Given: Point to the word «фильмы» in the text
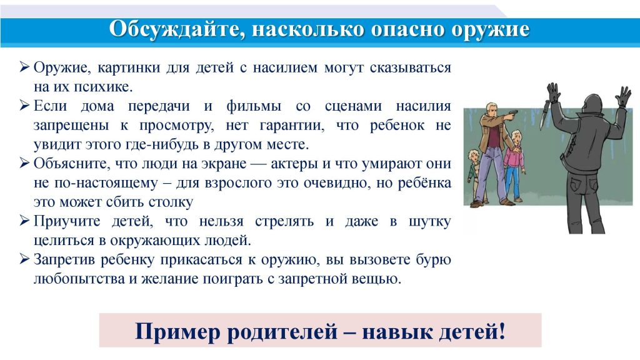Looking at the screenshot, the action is [x=254, y=106].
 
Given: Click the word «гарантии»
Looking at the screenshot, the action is [x=292, y=126].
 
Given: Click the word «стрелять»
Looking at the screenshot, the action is [x=284, y=222].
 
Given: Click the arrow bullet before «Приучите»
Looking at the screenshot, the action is [x=24, y=221].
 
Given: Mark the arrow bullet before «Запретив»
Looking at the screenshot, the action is [x=24, y=259].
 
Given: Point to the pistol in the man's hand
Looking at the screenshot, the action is [x=509, y=115].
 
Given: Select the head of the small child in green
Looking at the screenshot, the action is [x=474, y=155].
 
